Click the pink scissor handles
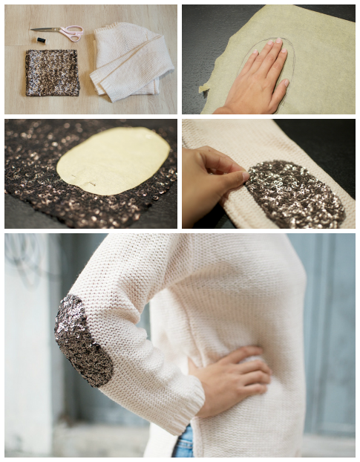click(x=72, y=33)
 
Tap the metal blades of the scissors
click(x=46, y=30)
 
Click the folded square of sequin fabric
click(x=52, y=73)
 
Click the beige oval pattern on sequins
click(x=114, y=160)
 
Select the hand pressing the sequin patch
click(x=212, y=178)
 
